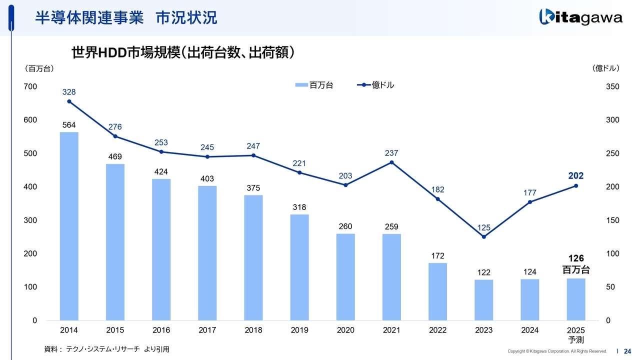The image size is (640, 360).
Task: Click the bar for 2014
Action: click(x=69, y=226)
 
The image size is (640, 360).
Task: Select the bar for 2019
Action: click(x=299, y=267)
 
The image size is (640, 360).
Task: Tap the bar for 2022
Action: click(x=437, y=291)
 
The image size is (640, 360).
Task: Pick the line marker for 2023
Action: click(x=483, y=236)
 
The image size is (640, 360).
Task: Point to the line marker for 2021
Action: click(x=391, y=162)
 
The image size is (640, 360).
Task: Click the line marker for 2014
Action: click(x=69, y=101)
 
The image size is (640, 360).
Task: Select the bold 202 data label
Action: click(x=575, y=176)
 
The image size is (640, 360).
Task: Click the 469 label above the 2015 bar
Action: click(x=115, y=157)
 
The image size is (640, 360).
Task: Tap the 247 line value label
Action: click(x=253, y=146)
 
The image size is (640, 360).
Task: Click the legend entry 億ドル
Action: click(x=376, y=85)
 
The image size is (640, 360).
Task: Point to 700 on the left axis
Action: click(x=30, y=86)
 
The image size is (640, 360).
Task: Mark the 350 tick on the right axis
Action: click(x=612, y=86)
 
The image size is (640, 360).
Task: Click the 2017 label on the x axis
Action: click(x=207, y=330)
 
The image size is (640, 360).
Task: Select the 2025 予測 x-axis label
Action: click(x=576, y=335)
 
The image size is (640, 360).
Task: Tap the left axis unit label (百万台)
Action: click(x=39, y=68)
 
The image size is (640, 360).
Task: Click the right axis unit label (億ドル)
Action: click(x=605, y=68)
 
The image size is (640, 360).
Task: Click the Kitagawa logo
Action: click(x=581, y=18)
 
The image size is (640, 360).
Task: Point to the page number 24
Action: click(x=627, y=351)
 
